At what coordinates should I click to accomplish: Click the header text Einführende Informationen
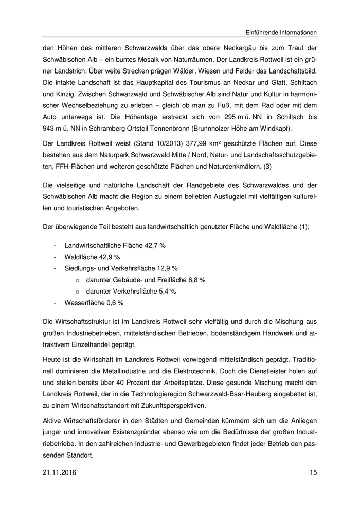point(277,32)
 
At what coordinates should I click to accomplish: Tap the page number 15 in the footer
point(313,472)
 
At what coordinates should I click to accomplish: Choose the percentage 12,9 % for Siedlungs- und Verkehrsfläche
point(167,268)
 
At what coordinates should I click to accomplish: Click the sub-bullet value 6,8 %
point(196,279)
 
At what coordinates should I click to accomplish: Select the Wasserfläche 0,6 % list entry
point(94,302)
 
